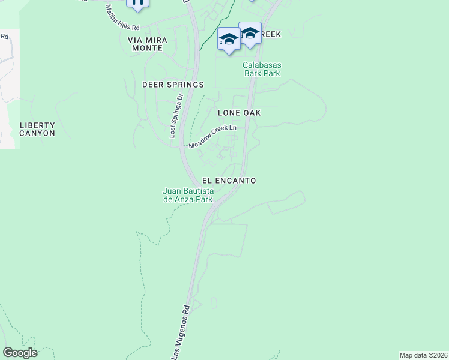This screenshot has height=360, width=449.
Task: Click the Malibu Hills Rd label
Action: click(x=122, y=19)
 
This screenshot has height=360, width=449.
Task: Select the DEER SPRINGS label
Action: click(x=173, y=85)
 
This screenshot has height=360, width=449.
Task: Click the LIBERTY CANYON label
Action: click(x=37, y=129)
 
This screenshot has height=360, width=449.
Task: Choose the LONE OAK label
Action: click(x=238, y=112)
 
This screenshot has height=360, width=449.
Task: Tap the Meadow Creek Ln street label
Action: click(x=212, y=137)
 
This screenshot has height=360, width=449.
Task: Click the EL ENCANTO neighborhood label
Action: click(x=229, y=180)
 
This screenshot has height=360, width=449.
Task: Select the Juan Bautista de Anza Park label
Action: click(x=188, y=195)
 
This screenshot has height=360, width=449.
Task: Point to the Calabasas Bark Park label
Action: click(x=262, y=69)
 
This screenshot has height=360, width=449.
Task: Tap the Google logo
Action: click(x=20, y=352)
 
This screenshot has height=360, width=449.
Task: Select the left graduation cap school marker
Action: click(x=229, y=40)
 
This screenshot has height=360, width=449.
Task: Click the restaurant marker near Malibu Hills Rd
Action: click(x=138, y=4)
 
